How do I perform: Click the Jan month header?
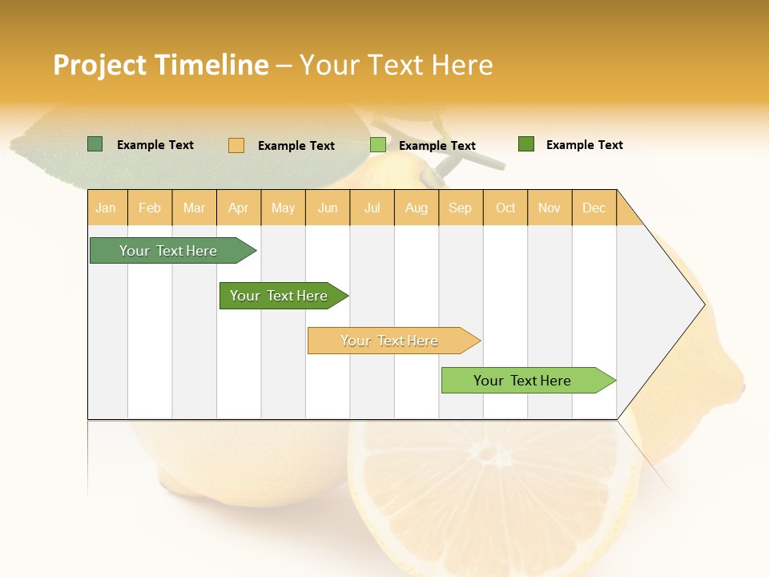(106, 208)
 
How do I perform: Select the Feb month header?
(150, 208)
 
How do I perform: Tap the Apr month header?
(239, 208)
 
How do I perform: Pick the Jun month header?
(328, 208)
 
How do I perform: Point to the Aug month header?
(417, 208)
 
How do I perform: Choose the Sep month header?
(461, 208)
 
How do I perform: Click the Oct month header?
(505, 208)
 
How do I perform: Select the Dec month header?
(594, 208)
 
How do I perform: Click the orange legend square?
(236, 145)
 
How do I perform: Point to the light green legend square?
(378, 145)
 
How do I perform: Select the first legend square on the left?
(95, 144)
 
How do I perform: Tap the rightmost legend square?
(526, 144)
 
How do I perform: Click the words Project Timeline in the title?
(160, 65)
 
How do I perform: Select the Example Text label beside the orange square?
(296, 146)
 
